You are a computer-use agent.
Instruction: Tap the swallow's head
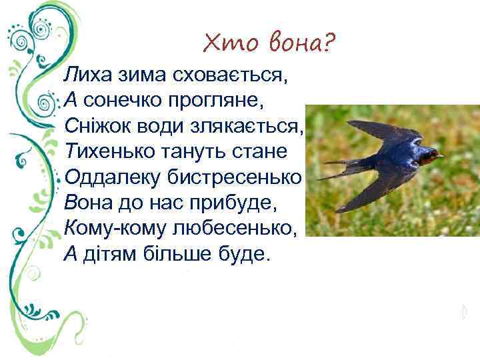pyautogui.click(x=429, y=157)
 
